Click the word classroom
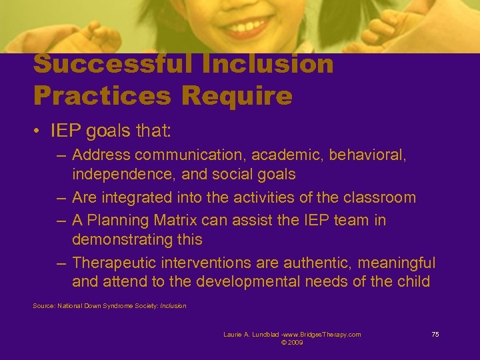[379, 197]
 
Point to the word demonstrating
[123, 239]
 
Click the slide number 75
[435, 335]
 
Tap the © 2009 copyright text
[292, 342]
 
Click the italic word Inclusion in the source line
[173, 306]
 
